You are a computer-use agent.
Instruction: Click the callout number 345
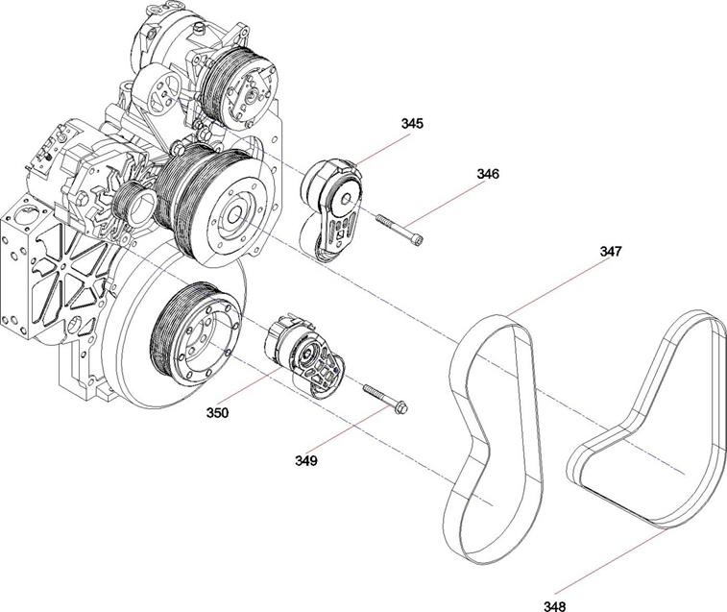tap(413, 124)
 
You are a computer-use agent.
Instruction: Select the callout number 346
tap(489, 175)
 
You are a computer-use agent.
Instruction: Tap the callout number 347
tap(611, 252)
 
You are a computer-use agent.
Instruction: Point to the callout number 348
tap(554, 605)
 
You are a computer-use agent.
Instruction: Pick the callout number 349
tap(305, 460)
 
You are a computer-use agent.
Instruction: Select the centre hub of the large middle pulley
tap(232, 213)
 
